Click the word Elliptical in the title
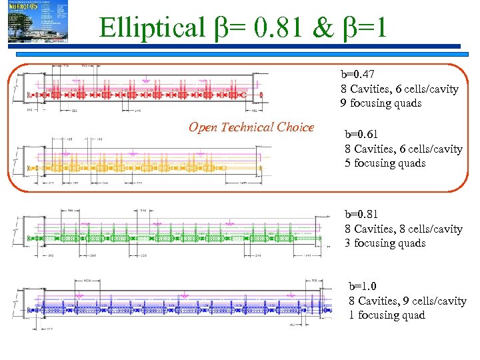tap(152, 27)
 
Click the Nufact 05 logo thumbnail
tap(37, 22)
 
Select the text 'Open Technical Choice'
tap(251, 127)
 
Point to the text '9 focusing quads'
tap(381, 103)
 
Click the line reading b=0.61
tap(363, 134)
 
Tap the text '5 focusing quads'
tap(385, 163)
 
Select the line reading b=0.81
tap(363, 214)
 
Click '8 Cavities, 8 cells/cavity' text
tap(403, 229)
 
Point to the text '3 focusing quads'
tap(385, 243)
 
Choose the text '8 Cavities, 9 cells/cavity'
tap(407, 301)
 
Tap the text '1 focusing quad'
tap(387, 315)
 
